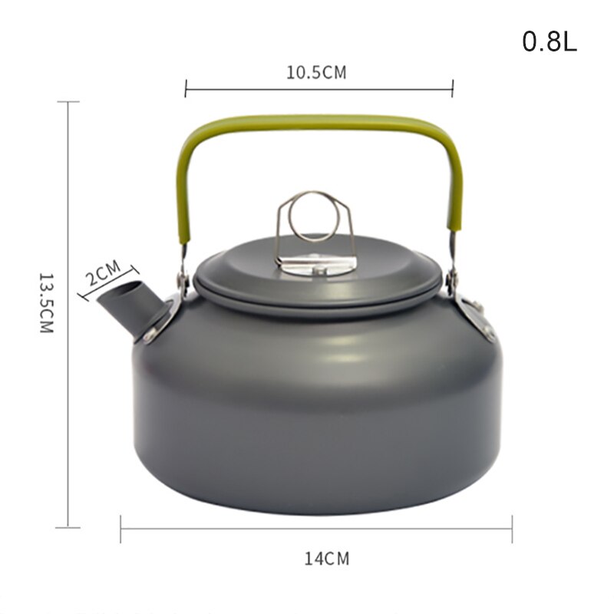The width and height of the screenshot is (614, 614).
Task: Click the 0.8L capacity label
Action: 549,41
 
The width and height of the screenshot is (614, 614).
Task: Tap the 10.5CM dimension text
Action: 316,73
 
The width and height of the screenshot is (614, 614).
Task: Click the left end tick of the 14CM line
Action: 120,529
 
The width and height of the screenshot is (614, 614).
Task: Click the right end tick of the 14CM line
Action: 512,529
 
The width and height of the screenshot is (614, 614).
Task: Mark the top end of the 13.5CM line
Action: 68,102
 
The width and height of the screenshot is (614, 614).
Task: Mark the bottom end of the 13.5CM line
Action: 68,527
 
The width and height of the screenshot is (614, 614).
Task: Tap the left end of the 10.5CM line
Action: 186,89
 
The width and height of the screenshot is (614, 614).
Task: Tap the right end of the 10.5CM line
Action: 453,89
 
